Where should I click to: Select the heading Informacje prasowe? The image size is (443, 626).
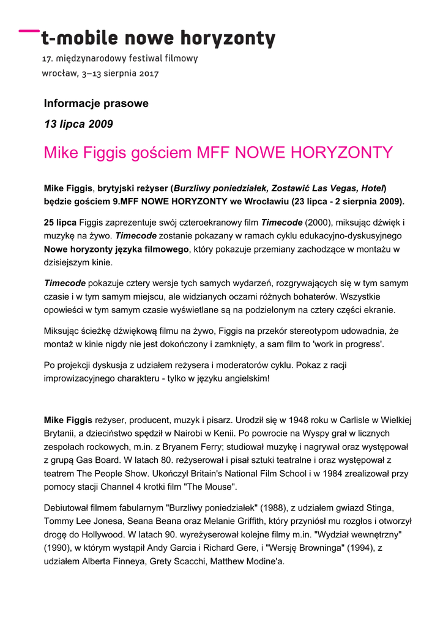coord(96,103)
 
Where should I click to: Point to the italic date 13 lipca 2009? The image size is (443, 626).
coord(78,124)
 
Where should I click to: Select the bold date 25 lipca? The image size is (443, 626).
coord(60,223)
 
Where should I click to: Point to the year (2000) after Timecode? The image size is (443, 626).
coord(319,223)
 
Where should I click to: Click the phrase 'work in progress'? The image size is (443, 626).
coord(348,344)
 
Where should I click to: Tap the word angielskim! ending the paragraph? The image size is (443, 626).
coord(243,378)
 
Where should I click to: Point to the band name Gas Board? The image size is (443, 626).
coord(103,460)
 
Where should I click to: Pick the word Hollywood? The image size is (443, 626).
coord(102,535)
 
